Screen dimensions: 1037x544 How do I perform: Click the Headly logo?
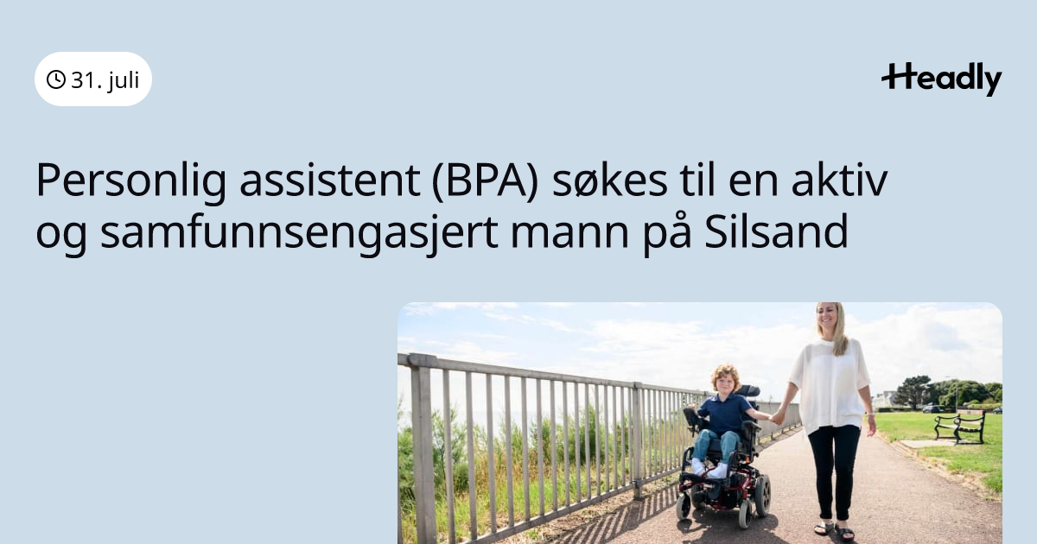coord(942,79)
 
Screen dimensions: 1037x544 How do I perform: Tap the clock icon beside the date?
coord(56,79)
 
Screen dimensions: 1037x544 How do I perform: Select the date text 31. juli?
coord(105,80)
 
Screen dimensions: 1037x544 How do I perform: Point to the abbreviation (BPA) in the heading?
coord(485,180)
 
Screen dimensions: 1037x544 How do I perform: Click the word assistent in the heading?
coord(329,180)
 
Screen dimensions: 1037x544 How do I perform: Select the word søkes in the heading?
coord(610,180)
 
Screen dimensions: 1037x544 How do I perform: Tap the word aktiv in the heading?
coord(839,180)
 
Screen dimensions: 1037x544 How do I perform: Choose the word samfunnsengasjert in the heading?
coord(299,232)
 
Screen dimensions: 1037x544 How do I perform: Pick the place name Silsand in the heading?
coord(776,231)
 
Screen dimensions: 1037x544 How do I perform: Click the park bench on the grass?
coord(960,426)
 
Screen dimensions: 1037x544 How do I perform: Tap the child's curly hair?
coord(726,375)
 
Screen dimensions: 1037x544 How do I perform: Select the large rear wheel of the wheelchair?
coord(763,495)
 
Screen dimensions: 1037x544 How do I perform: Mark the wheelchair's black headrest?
coord(748,392)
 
